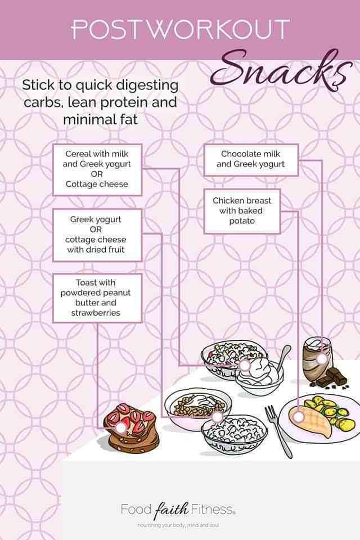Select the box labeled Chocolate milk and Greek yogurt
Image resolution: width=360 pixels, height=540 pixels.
(251, 160)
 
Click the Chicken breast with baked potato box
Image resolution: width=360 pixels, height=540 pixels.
(242, 211)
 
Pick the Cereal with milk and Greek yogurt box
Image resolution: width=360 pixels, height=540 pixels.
(97, 169)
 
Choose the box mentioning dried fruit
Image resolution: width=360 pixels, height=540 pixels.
(97, 235)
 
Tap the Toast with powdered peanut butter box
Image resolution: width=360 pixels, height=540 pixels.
(97, 298)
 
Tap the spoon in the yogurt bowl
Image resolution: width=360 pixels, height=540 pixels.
(283, 358)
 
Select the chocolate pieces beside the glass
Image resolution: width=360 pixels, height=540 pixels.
(331, 378)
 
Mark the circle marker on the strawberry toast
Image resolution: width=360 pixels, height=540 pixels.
(121, 427)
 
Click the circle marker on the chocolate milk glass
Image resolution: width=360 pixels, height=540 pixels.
(321, 359)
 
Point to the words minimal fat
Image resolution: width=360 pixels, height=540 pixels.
(100, 119)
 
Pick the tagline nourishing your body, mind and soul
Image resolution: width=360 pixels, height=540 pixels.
(178, 525)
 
